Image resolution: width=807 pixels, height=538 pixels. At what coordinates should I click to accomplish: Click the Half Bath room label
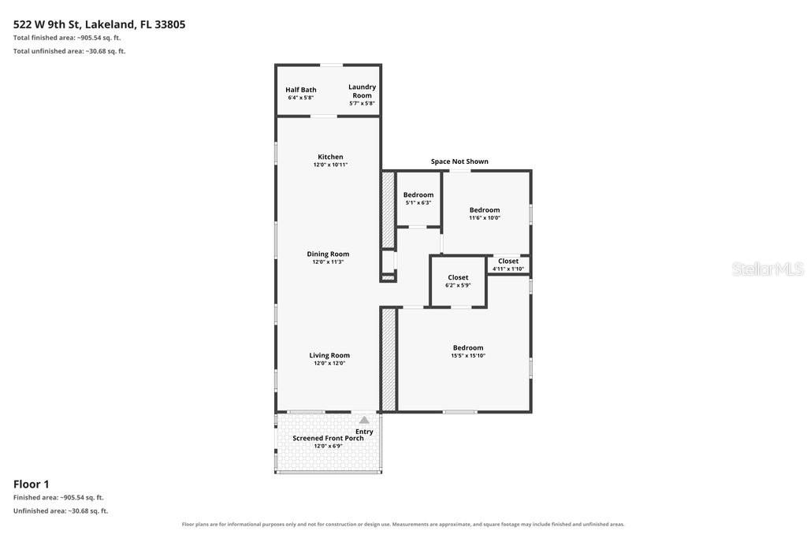[x=301, y=90]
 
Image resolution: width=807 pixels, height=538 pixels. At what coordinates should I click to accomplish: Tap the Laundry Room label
[x=363, y=91]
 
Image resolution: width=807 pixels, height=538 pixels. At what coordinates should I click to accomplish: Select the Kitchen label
[x=330, y=157]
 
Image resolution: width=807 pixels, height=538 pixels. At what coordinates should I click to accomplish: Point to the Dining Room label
[x=328, y=254]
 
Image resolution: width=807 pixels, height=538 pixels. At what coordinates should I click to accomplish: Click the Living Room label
[x=329, y=355]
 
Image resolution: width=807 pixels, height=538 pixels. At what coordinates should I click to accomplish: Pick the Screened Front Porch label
[x=328, y=438]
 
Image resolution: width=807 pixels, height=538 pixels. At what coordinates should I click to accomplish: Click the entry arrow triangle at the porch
[x=364, y=420]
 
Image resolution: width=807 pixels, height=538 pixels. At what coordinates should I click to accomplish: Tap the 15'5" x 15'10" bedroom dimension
[x=468, y=355]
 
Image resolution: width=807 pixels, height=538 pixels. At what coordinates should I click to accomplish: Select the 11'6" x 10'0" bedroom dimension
[x=485, y=217]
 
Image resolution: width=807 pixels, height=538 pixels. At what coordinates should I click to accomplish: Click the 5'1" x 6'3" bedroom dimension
[x=418, y=202]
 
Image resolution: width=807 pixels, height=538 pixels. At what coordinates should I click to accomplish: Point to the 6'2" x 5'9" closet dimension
[x=458, y=285]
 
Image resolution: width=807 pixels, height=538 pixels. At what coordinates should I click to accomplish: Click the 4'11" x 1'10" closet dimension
[x=508, y=269]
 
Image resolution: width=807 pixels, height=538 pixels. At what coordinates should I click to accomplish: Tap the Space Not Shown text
[x=459, y=161]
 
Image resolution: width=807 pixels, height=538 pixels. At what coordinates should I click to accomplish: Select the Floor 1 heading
[x=32, y=484]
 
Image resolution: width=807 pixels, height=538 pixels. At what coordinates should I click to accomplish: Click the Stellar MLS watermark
[x=768, y=269]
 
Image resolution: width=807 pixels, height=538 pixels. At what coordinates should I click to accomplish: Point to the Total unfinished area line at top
[x=69, y=51]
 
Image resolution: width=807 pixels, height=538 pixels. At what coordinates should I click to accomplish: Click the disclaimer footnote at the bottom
[x=403, y=524]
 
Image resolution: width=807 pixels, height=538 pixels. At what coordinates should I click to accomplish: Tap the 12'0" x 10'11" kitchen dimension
[x=330, y=165]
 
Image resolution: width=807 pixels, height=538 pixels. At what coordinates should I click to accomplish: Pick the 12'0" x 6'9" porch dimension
[x=328, y=446]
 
